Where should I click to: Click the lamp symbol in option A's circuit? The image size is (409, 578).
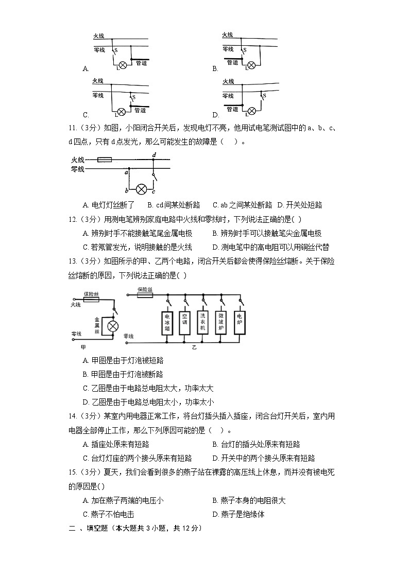(123, 65)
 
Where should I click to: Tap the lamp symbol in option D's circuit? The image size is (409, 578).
(252, 111)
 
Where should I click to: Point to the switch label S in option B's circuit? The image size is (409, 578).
(245, 50)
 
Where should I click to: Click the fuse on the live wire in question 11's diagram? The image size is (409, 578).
(105, 160)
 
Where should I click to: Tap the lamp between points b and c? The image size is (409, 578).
(141, 188)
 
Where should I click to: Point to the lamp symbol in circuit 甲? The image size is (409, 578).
(112, 326)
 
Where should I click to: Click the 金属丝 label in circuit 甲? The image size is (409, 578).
(97, 326)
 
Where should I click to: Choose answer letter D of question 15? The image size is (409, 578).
(215, 514)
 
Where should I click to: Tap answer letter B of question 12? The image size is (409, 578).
(215, 233)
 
